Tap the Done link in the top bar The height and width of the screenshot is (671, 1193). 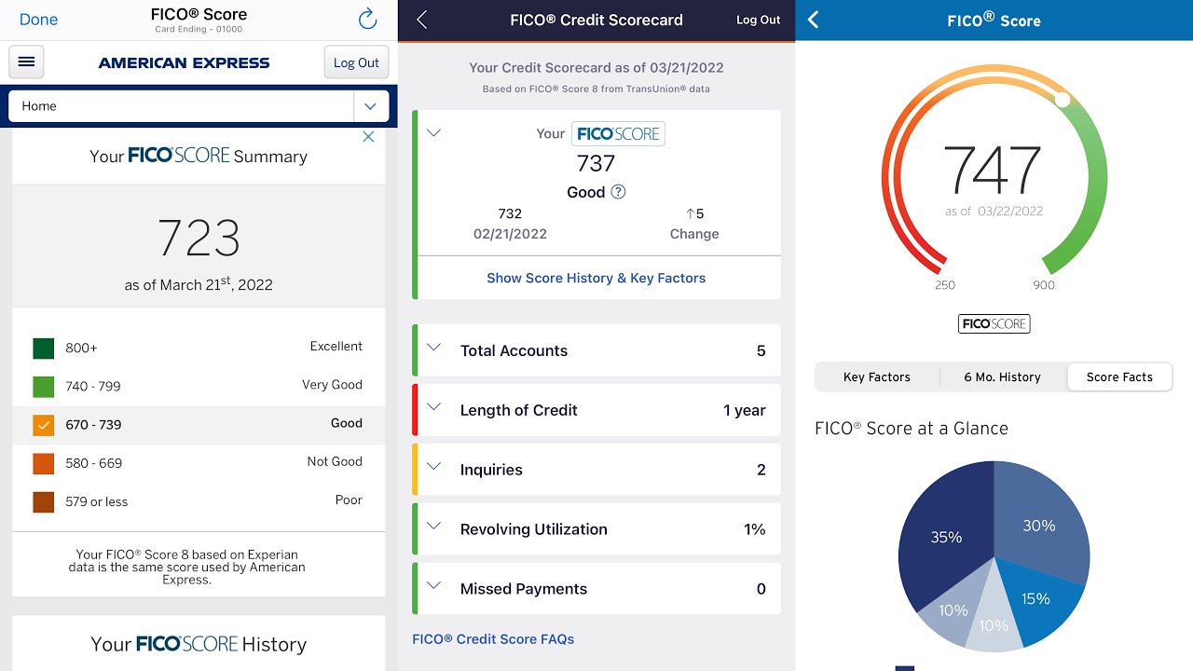click(38, 20)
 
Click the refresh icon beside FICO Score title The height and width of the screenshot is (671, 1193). click(367, 19)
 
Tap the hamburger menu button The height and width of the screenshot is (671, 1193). click(26, 62)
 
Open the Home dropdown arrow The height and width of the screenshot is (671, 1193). click(370, 106)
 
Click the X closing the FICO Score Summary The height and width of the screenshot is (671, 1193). click(368, 137)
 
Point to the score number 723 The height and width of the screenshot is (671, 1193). click(199, 238)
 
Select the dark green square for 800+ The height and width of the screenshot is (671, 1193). click(43, 349)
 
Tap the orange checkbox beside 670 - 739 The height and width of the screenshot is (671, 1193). click(43, 425)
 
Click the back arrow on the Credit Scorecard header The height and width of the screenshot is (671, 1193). click(422, 20)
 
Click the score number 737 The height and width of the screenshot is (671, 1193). click(596, 164)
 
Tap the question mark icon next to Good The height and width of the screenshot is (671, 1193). click(618, 192)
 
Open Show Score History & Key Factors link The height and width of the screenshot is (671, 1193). click(596, 278)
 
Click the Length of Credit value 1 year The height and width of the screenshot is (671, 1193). click(744, 410)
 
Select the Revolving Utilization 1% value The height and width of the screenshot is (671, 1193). click(754, 529)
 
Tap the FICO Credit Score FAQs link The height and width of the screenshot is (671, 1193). click(493, 639)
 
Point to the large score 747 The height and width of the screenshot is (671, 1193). click(992, 170)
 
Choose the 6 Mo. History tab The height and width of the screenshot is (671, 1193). click(1002, 377)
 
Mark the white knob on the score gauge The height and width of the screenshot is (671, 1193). click(1063, 99)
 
